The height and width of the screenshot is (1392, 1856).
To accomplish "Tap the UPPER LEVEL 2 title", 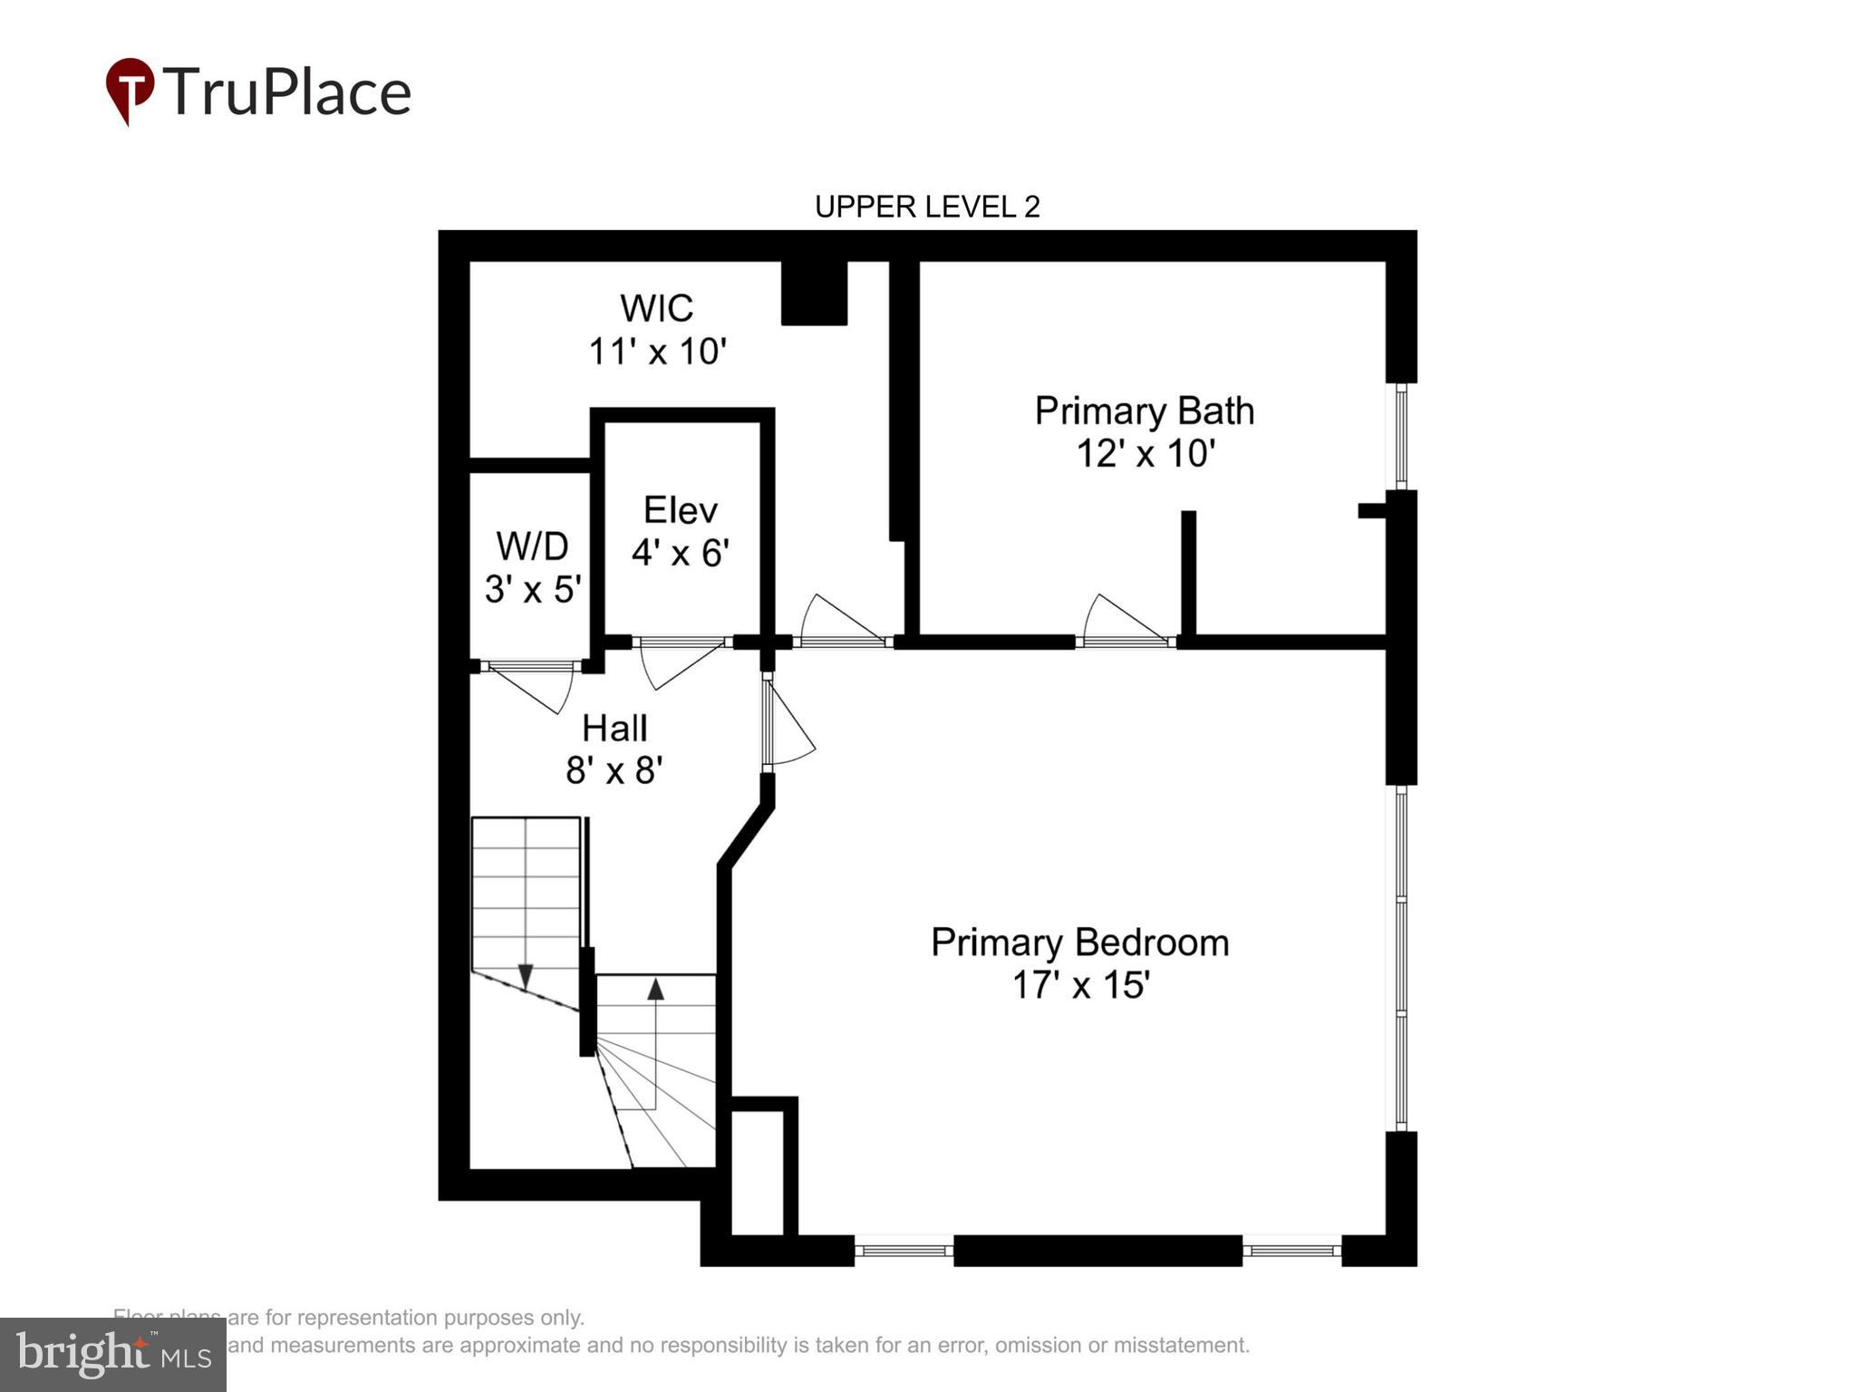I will (927, 208).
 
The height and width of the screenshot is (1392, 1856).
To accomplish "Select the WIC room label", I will (656, 308).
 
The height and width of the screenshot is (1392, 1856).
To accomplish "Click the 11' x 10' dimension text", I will (658, 352).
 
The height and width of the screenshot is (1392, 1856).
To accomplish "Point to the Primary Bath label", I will (1144, 411).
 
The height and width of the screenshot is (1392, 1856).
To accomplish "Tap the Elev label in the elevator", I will (680, 510).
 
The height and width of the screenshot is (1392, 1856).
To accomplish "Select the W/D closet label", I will (532, 546).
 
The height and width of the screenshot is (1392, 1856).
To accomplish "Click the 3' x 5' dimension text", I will (532, 590).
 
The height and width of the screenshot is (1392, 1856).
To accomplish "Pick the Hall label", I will (614, 728).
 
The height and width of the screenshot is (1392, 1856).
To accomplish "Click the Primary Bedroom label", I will (1079, 942).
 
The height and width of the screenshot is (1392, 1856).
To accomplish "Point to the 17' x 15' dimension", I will (1080, 985).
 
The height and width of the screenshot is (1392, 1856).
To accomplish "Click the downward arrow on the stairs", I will (526, 975).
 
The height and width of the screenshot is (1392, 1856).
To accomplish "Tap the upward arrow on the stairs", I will (655, 988).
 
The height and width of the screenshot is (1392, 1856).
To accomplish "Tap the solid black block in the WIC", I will (814, 293).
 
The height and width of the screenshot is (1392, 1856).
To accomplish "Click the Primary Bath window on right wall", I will (1401, 436).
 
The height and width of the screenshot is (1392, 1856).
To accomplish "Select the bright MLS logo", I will (113, 1354).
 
